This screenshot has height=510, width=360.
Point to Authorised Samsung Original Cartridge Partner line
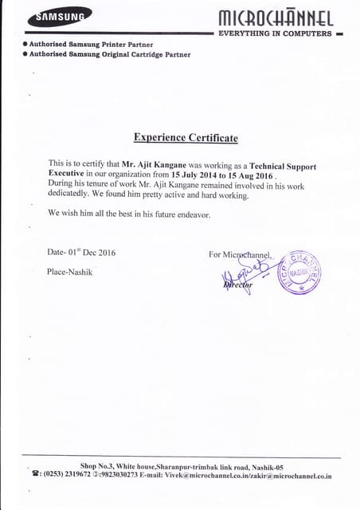pos(108,53)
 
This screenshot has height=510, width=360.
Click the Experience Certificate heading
pos(186,138)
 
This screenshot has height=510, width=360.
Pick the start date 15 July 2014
pos(199,173)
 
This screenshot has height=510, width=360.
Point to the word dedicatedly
pos(72,194)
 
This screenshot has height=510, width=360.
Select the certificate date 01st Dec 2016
pos(92,253)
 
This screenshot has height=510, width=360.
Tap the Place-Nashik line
pos(68,272)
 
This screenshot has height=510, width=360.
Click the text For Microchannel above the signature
pos(240,255)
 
